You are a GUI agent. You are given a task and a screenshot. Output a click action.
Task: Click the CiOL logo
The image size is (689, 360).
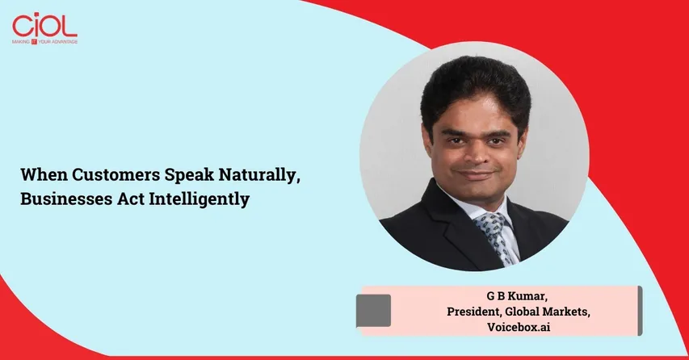coord(44,24)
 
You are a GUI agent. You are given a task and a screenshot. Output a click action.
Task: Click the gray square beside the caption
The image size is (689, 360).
coord(373,310)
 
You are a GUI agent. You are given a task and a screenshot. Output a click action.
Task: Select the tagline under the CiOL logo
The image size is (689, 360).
coord(45,40)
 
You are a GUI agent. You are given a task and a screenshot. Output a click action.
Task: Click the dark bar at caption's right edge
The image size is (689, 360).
coord(640,309)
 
